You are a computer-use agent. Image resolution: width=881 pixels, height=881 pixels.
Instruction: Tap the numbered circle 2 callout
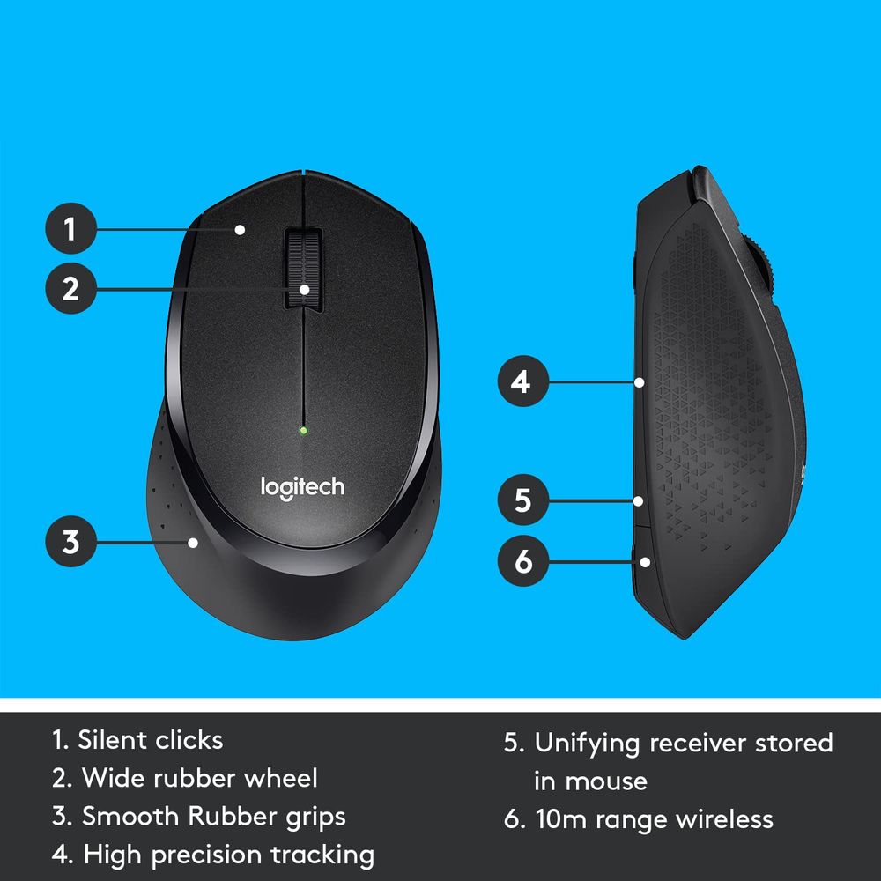point(70,288)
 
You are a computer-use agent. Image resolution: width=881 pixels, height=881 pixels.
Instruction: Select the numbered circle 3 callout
point(70,541)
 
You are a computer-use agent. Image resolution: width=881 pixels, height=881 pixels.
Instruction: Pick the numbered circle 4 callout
point(522,382)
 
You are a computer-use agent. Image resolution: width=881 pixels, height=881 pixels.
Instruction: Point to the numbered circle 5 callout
point(522,500)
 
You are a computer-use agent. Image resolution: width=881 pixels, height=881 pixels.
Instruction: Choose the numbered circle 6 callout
point(522,560)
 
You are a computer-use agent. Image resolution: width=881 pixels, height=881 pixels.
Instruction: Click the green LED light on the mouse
point(303,431)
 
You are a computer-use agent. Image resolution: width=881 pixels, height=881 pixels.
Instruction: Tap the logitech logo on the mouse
point(302,486)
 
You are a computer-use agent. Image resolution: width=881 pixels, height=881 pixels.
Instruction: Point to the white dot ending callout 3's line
point(194,542)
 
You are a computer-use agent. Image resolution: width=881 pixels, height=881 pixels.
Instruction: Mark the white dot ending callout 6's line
point(646,560)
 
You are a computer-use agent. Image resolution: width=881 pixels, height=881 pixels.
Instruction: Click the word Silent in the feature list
point(113,739)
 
